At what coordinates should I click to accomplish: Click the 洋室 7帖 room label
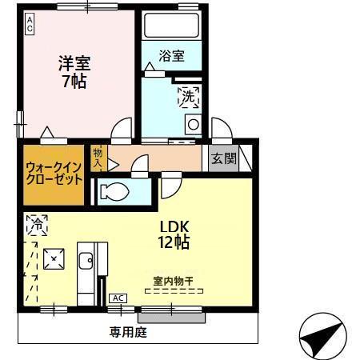(72, 70)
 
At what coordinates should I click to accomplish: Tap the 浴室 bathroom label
(171, 56)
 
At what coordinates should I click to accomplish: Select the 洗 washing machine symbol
(188, 96)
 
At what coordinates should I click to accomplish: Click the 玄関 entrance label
(224, 158)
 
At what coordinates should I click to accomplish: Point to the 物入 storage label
(98, 157)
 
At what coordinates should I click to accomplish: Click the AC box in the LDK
(118, 298)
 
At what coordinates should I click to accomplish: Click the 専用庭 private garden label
(128, 331)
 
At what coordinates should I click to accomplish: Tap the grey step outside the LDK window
(173, 317)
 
